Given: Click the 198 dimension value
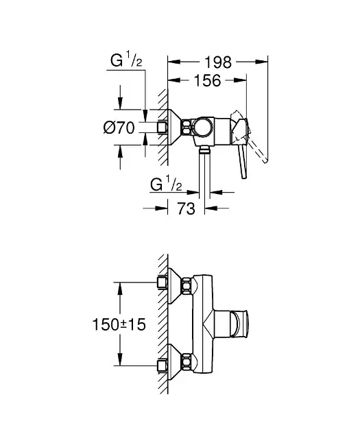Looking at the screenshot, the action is point(218,62).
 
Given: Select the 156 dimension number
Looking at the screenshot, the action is point(207,80).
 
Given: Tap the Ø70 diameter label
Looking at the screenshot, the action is point(119,128).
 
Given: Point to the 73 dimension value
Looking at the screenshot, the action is point(186,208).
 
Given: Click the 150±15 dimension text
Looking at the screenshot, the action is point(119,324).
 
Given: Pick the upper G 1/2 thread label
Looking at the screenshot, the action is point(126,60).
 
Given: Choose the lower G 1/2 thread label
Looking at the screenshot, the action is point(166,184).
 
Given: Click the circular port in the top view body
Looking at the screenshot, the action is point(203,127).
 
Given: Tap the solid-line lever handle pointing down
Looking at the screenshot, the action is point(243,162).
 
